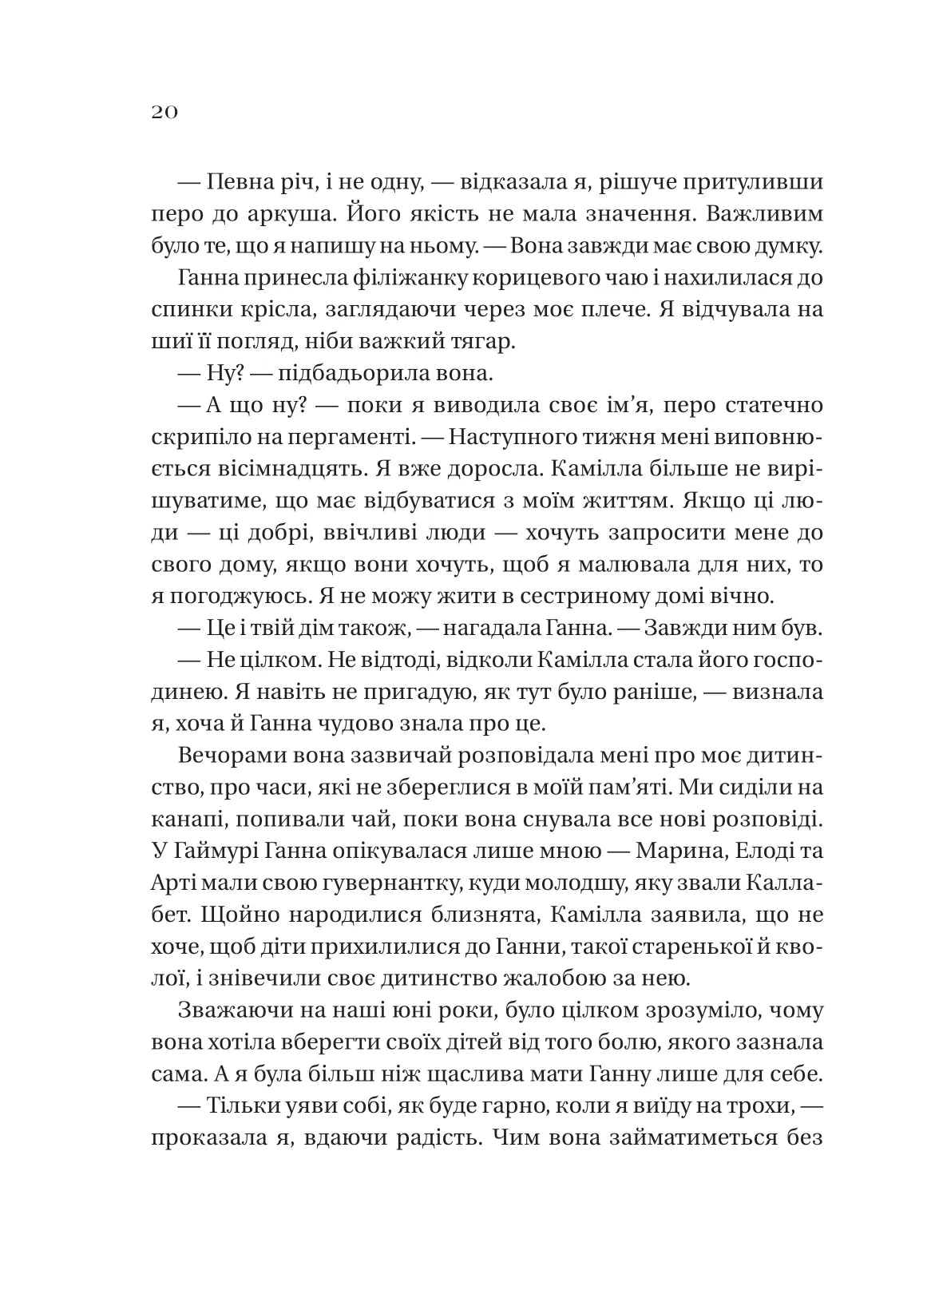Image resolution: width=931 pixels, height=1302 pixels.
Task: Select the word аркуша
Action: pos(291,215)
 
